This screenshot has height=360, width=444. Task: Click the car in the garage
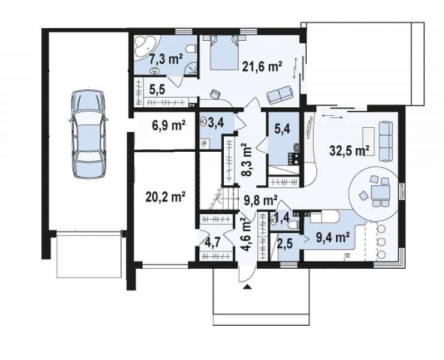(x=88, y=134)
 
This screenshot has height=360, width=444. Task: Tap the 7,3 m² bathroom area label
(x=166, y=59)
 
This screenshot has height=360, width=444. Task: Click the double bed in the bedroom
(x=224, y=52)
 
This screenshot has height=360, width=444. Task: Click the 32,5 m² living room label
(x=350, y=150)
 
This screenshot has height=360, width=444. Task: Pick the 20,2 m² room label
(x=166, y=196)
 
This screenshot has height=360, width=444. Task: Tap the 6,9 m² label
(x=169, y=125)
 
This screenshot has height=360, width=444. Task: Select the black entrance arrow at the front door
(x=247, y=287)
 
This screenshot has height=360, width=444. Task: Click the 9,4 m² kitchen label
(x=332, y=238)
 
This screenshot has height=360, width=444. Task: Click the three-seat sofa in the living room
(x=385, y=141)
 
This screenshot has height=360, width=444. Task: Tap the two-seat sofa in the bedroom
(x=280, y=94)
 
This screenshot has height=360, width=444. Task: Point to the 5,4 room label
(x=283, y=129)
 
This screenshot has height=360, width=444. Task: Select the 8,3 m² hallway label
(x=247, y=160)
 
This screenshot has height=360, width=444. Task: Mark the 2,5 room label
(x=284, y=244)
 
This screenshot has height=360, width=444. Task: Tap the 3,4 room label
(x=216, y=122)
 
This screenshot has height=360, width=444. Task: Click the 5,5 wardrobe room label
(x=157, y=90)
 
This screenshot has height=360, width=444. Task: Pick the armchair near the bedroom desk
(x=215, y=94)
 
